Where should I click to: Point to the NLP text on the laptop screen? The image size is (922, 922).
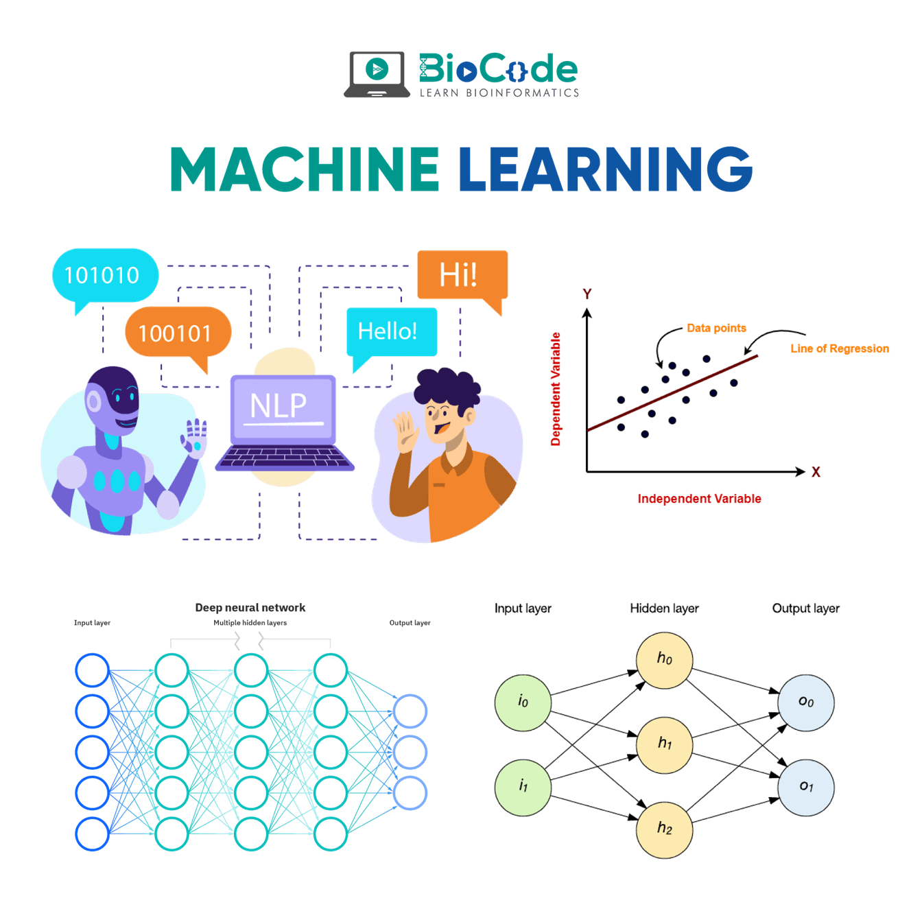pos(278,405)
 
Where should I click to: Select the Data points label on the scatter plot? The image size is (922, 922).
pos(716,328)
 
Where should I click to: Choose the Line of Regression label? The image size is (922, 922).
pos(839,348)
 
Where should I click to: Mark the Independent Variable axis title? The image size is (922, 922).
pos(699,499)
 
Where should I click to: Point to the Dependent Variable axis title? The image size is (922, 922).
pos(556,389)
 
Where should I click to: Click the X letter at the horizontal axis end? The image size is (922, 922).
pos(816,472)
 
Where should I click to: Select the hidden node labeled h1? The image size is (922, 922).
pos(664,744)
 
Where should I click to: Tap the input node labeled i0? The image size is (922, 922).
pos(523,702)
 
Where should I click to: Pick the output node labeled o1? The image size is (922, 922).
pos(806,787)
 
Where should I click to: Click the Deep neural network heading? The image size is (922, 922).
pos(250,608)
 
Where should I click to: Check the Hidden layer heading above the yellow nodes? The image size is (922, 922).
pos(664,608)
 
